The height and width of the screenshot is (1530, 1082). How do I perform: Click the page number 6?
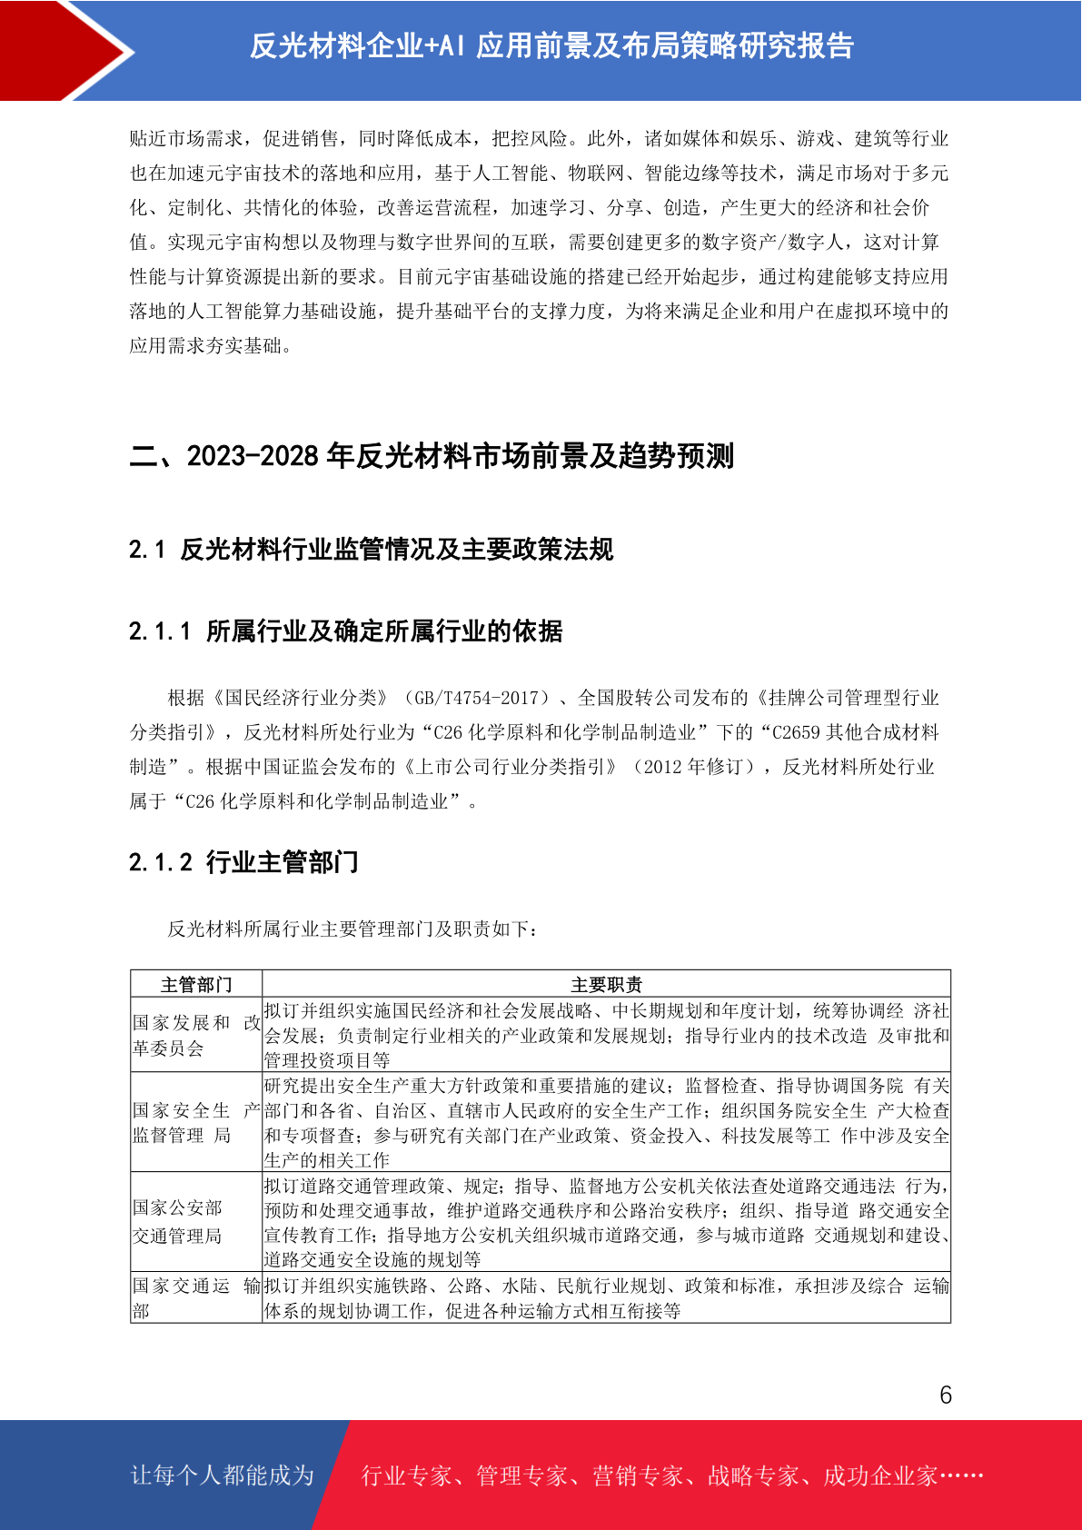(946, 1395)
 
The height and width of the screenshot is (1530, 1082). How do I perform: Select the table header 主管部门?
(196, 985)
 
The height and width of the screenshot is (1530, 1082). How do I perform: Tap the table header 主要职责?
(606, 985)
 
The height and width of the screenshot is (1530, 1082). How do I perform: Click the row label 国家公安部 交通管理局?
(178, 1221)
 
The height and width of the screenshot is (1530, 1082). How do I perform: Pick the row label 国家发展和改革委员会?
(196, 1035)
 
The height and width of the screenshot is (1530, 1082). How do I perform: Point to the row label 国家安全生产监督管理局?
(196, 1122)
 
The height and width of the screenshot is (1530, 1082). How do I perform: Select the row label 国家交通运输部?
(196, 1297)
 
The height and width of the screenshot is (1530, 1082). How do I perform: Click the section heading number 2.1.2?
(161, 862)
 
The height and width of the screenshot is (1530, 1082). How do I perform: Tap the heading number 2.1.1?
(161, 631)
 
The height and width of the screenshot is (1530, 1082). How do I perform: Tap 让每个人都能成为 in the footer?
(223, 1475)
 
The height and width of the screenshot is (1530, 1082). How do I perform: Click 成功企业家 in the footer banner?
(880, 1475)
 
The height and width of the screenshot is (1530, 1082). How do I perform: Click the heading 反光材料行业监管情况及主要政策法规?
(397, 550)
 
